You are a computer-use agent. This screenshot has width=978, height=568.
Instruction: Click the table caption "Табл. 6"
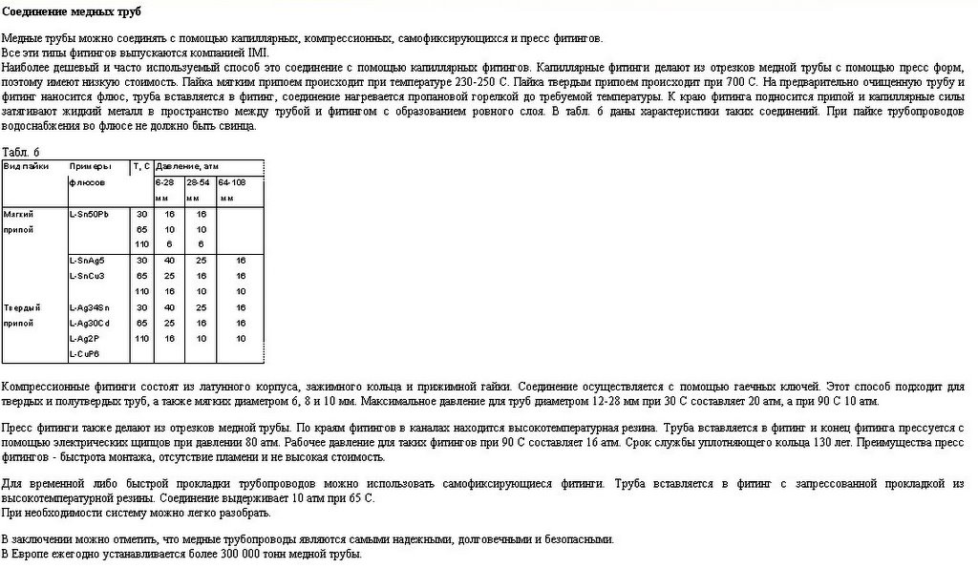tap(21, 152)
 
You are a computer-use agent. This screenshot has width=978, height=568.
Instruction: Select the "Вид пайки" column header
tap(27, 166)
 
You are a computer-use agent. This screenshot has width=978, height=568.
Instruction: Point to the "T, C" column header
tap(141, 166)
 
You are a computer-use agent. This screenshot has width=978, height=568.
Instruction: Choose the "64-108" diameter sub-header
tap(232, 181)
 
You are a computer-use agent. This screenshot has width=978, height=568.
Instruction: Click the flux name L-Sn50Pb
tap(90, 214)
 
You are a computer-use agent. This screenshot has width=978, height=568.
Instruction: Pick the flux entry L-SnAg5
tap(88, 260)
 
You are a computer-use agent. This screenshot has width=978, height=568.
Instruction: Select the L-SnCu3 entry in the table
tap(88, 276)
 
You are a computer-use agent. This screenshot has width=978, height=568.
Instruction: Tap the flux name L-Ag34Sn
tap(90, 307)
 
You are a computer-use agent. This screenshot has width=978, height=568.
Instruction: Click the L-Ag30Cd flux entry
tap(90, 323)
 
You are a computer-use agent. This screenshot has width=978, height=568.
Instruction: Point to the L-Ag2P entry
tap(86, 338)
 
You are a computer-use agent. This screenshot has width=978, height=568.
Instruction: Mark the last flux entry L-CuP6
tap(86, 354)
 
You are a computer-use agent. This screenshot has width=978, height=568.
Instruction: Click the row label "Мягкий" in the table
tap(19, 214)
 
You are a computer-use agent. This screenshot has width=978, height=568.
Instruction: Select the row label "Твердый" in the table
tap(22, 307)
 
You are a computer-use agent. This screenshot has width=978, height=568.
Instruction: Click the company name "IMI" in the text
tap(259, 53)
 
